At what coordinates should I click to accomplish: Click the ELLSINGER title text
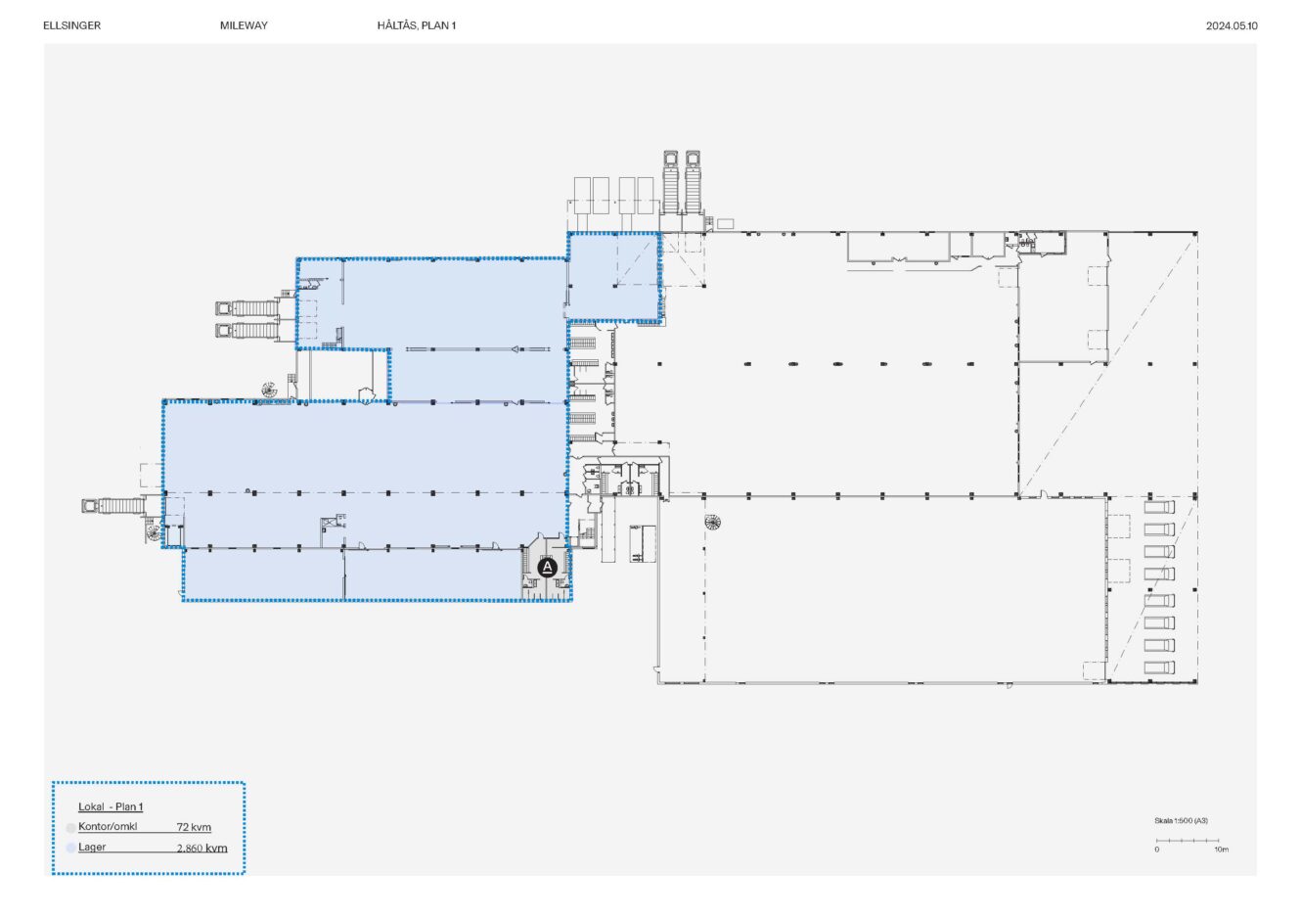72,25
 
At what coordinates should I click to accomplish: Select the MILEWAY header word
244,25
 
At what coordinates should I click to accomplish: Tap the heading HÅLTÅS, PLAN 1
417,25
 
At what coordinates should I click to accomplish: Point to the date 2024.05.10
1232,25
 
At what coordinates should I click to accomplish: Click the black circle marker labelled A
547,568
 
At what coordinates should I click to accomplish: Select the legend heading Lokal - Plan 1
111,806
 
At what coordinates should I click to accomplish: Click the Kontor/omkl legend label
108,826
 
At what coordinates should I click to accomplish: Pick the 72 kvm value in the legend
194,827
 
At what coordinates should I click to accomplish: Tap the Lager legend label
92,847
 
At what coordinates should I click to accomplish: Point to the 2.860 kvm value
202,848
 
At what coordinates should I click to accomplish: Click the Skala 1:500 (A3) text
1181,820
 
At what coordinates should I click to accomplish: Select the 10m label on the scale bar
1221,850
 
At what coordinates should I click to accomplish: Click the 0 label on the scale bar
1157,850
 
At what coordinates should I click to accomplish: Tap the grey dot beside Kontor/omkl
70,828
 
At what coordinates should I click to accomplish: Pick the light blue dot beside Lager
70,848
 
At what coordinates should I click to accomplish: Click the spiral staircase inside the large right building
712,522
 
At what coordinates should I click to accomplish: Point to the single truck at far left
113,506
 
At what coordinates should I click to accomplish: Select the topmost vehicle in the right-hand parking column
1159,507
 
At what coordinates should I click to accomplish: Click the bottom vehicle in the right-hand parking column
1159,667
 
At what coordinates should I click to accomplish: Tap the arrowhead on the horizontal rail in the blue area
515,349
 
